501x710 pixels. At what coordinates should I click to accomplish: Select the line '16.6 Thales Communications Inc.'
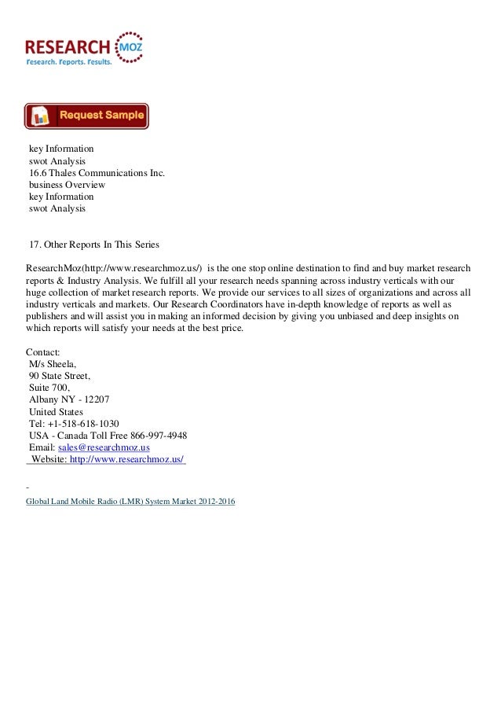pyautogui.click(x=97, y=173)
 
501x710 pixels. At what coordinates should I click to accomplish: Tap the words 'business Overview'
pyautogui.click(x=66, y=185)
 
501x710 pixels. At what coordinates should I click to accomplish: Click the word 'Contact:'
pyautogui.click(x=43, y=352)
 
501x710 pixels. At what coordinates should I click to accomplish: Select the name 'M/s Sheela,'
pyautogui.click(x=53, y=365)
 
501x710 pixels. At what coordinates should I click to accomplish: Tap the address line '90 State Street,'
pyautogui.click(x=59, y=377)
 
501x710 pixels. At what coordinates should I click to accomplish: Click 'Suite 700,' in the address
pyautogui.click(x=49, y=388)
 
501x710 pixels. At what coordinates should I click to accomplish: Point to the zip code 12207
pyautogui.click(x=96, y=400)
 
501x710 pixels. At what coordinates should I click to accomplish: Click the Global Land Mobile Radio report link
pyautogui.click(x=130, y=501)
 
